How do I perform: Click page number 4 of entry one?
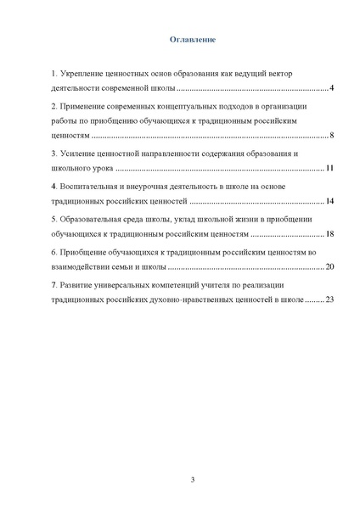[332, 88]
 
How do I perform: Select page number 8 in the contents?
[332, 136]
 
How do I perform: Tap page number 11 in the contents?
[330, 168]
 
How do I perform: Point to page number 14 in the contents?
[330, 201]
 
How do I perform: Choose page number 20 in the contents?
[330, 266]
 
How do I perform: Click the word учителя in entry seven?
[224, 285]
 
